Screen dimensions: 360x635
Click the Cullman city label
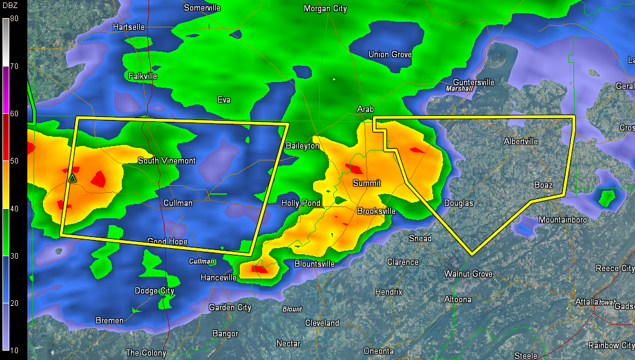click(x=178, y=203)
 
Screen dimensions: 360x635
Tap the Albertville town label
click(x=521, y=142)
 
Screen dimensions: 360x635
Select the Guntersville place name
click(x=473, y=82)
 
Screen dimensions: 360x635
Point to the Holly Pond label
click(x=301, y=203)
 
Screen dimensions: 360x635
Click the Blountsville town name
click(x=314, y=264)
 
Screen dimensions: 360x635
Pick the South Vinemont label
click(x=167, y=161)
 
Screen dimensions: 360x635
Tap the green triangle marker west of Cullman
click(x=72, y=178)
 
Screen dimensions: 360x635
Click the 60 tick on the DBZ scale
click(x=14, y=114)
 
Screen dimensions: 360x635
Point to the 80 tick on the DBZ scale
click(x=14, y=19)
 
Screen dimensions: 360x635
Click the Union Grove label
click(x=390, y=55)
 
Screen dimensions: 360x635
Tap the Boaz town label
click(x=544, y=185)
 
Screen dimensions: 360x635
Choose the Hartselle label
click(x=129, y=27)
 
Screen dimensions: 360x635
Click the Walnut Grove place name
click(x=468, y=274)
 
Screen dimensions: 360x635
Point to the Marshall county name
click(x=460, y=89)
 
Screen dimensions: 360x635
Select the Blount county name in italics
click(x=292, y=309)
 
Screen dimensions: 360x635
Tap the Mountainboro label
click(x=563, y=220)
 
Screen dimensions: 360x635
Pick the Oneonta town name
click(x=378, y=351)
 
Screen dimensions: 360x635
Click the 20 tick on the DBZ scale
click(x=14, y=303)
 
